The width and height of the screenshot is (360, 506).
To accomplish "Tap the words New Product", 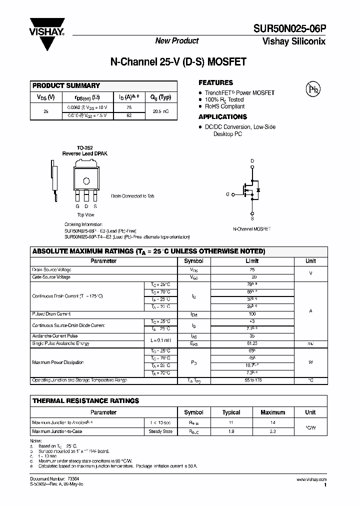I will click(177, 41).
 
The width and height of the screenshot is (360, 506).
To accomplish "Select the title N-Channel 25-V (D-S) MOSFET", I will click(178, 62).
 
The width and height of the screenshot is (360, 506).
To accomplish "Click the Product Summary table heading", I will click(66, 85).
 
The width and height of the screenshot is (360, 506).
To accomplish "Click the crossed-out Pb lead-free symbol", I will click(312, 89).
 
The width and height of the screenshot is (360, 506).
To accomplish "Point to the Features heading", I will click(215, 82).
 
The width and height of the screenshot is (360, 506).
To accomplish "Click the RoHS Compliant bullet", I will click(224, 106).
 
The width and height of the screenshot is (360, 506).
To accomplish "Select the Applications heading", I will click(222, 117).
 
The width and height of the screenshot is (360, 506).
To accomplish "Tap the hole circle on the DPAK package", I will click(85, 180).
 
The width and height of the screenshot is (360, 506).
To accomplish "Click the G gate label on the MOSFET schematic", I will click(228, 193).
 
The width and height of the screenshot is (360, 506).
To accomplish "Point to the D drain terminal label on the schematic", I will click(252, 161).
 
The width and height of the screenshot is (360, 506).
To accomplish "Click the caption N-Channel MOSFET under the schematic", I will click(252, 228).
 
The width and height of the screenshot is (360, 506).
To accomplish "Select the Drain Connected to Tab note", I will click(132, 196).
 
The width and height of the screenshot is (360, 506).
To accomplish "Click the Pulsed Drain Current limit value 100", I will click(252, 314).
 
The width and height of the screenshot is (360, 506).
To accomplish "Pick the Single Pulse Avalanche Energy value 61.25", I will click(252, 343).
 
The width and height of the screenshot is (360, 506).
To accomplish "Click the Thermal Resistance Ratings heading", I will click(85, 401).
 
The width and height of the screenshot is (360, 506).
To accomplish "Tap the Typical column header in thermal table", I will click(231, 412).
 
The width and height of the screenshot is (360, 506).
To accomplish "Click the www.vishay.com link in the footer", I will click(311, 479).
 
